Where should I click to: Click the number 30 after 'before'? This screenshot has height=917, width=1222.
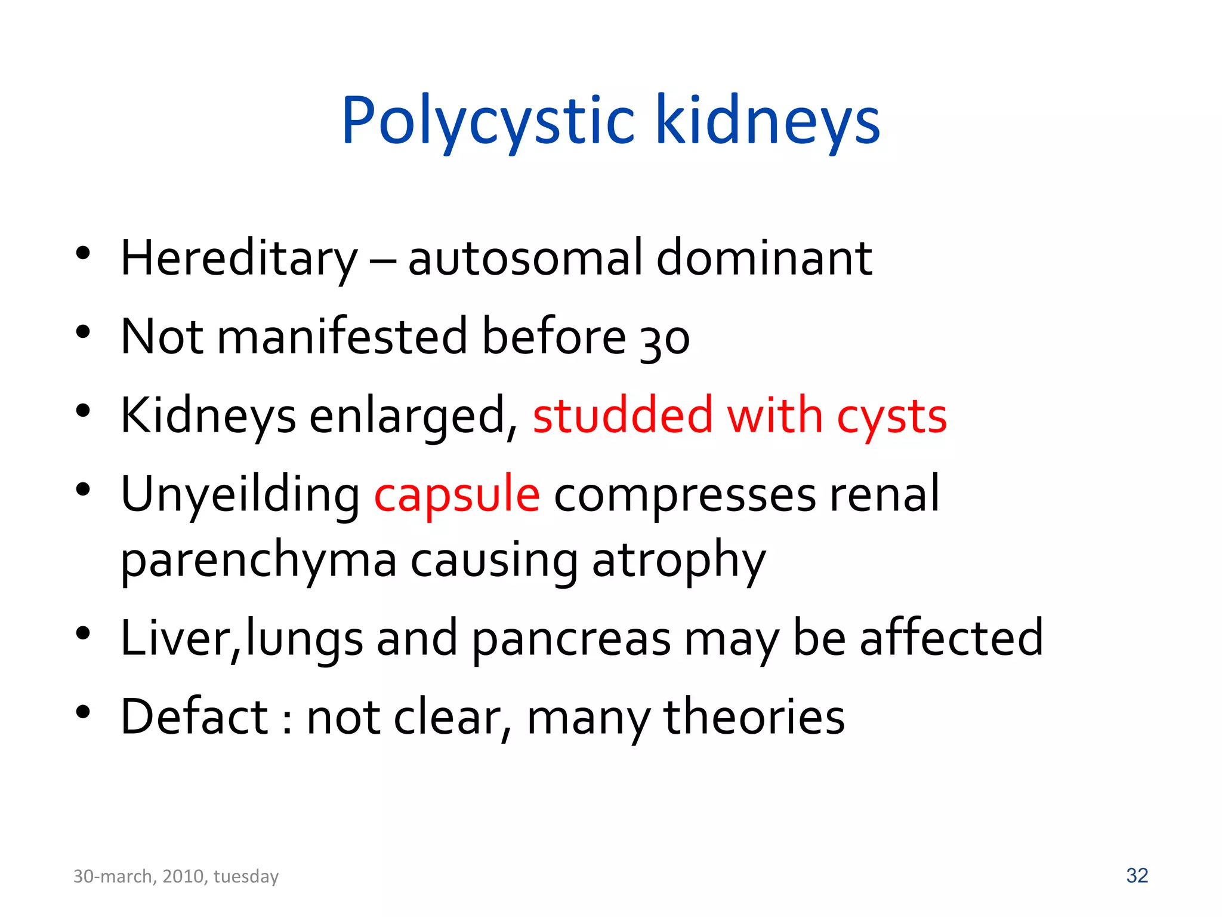click(x=665, y=339)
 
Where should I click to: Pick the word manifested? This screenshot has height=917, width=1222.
click(x=342, y=336)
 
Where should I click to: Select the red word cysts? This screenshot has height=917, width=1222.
click(x=891, y=417)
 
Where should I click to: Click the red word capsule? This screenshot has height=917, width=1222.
click(x=457, y=496)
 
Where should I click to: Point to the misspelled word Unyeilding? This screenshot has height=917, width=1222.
click(x=240, y=496)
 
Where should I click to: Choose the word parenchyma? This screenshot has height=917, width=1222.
click(x=258, y=561)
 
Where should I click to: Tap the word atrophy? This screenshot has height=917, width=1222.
click(x=678, y=561)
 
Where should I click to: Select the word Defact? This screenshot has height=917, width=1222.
click(x=195, y=716)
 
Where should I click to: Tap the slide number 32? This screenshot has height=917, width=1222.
click(x=1137, y=875)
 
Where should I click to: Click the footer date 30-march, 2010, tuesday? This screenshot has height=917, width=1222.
click(x=176, y=876)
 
